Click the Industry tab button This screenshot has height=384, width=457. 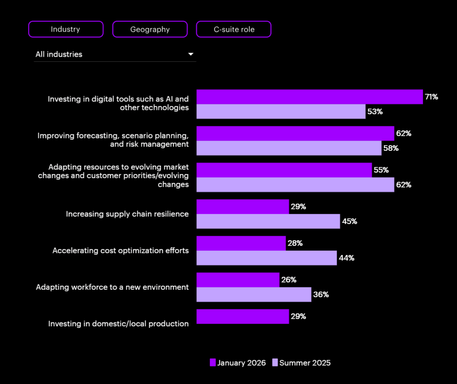click(66, 29)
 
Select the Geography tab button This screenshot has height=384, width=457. click(150, 29)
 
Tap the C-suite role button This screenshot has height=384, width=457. click(233, 29)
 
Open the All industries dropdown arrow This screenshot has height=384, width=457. click(191, 54)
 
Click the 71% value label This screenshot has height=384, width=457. click(431, 97)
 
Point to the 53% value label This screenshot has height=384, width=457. click(375, 112)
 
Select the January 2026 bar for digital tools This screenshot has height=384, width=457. click(309, 97)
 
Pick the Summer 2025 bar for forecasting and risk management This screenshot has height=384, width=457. click(289, 148)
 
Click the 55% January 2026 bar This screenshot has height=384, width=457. click(284, 170)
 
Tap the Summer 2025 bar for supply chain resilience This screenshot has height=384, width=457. click(268, 221)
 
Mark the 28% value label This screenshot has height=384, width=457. click(295, 243)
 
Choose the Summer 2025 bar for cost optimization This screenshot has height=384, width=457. click(266, 258)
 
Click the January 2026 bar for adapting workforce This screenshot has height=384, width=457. click(238, 280)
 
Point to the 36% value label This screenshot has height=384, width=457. click(321, 295)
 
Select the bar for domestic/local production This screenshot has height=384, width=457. click(242, 317)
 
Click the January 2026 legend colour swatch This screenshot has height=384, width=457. click(212, 363)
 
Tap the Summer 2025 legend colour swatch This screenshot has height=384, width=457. click(275, 363)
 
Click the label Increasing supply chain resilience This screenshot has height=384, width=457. click(127, 214)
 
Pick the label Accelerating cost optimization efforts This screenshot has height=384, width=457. click(120, 250)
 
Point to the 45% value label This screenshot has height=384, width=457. click(349, 221)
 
